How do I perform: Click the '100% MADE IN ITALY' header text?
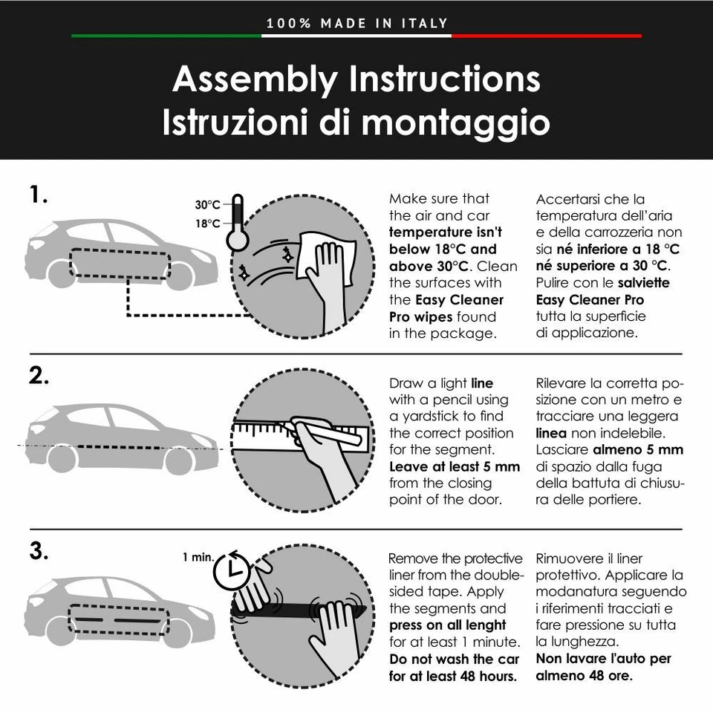(x=357, y=23)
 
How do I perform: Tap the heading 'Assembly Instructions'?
(x=356, y=79)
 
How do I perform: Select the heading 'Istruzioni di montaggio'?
(x=356, y=123)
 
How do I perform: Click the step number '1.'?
(x=39, y=195)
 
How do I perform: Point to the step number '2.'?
(x=39, y=376)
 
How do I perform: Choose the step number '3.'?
(x=39, y=552)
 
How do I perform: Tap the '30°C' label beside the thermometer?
(x=207, y=205)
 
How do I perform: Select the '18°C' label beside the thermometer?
(x=207, y=224)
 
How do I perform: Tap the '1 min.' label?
(x=198, y=557)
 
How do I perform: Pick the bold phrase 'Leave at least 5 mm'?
(x=455, y=467)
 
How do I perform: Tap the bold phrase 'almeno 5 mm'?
(x=638, y=450)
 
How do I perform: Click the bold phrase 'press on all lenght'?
(x=448, y=625)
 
